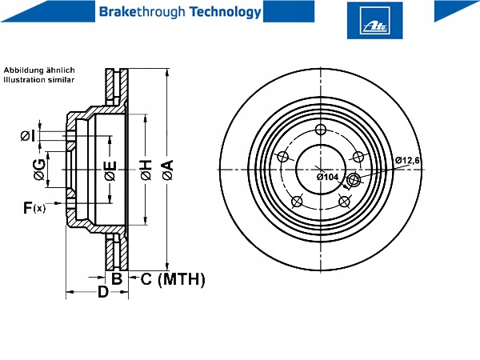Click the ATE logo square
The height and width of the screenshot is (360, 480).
click(x=374, y=21)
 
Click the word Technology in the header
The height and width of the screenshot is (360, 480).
click(x=226, y=12)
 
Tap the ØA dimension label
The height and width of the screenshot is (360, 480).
click(x=168, y=170)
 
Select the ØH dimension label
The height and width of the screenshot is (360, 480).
click(x=146, y=170)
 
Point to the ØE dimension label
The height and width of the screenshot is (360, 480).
click(x=110, y=170)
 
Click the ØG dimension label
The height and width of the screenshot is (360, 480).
click(x=39, y=170)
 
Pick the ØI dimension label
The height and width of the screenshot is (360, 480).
click(x=27, y=136)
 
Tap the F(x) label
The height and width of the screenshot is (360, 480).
click(x=34, y=208)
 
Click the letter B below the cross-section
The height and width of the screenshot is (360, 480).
click(x=117, y=278)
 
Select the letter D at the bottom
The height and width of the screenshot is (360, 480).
click(x=103, y=292)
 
